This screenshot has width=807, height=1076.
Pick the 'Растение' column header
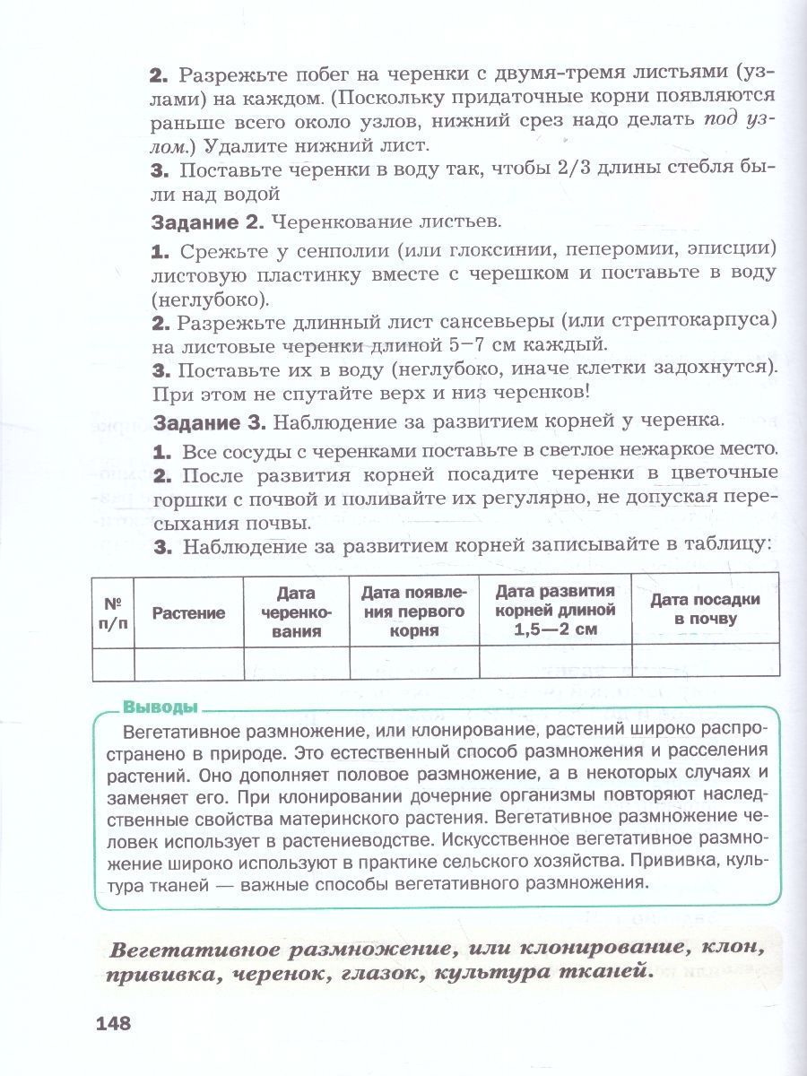(188, 612)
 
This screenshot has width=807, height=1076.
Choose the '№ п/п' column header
(114, 612)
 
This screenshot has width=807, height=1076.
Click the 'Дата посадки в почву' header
(705, 609)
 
